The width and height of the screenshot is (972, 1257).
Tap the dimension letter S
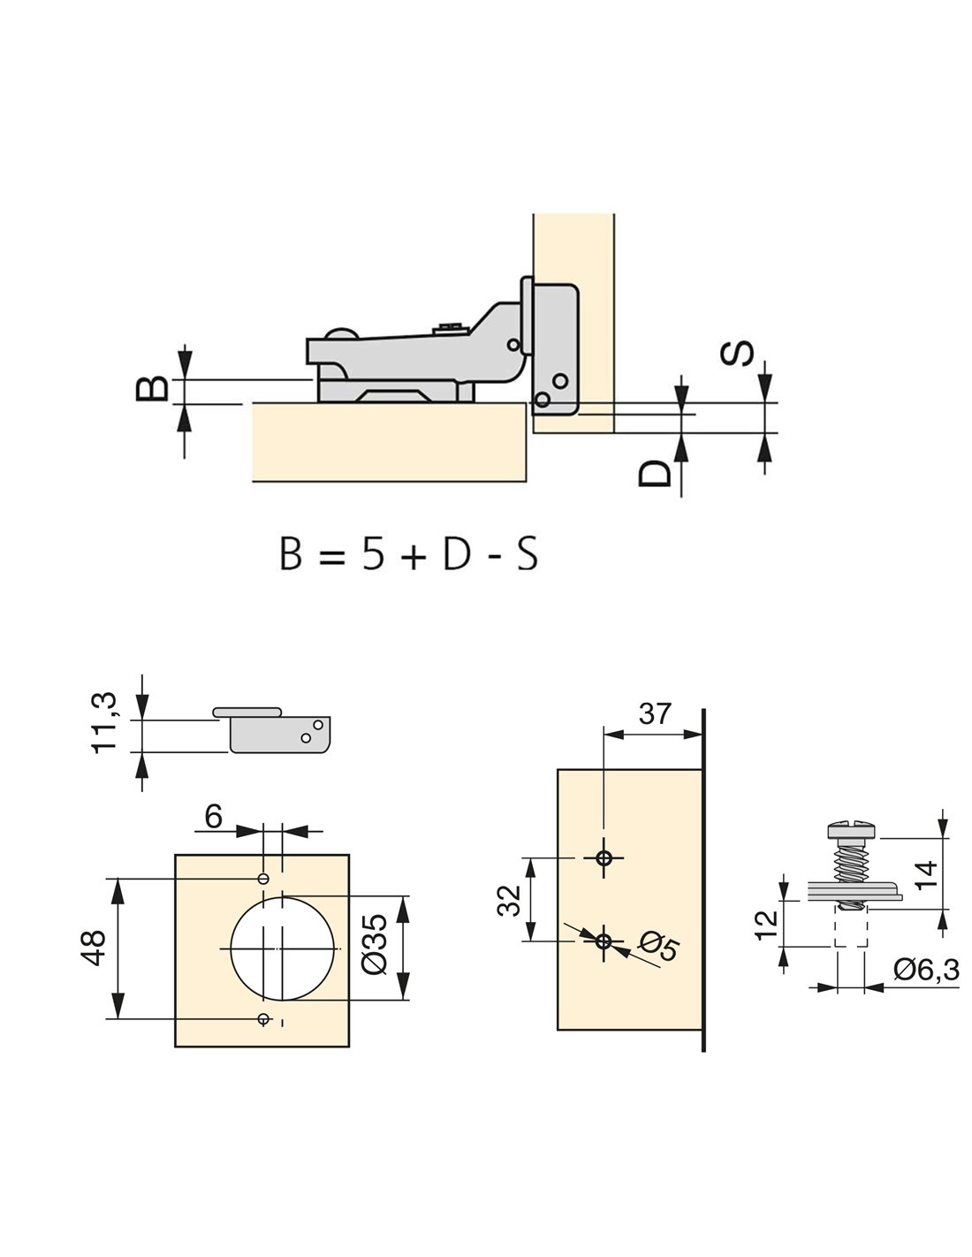point(738,353)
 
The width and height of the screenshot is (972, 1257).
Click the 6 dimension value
point(213,817)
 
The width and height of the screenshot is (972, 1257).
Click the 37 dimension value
point(654,714)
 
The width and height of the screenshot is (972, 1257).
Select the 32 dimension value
point(510,901)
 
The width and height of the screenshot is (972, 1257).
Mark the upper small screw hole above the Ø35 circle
point(263,879)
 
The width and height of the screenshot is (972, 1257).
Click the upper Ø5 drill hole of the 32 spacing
point(604,857)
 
